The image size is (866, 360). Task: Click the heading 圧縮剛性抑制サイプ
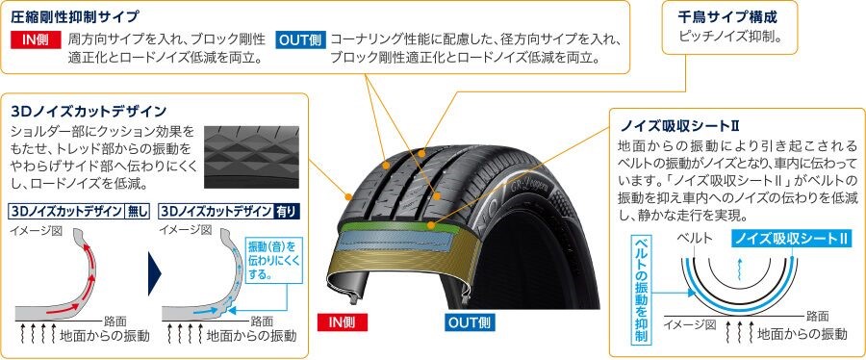point(74,17)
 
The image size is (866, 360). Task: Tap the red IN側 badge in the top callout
point(36,40)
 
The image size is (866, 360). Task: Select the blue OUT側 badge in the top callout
point(300,40)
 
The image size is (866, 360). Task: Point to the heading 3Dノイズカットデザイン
point(89,112)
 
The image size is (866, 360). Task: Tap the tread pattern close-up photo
point(251,157)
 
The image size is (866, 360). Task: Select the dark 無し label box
point(138,212)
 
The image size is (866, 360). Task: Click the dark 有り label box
point(287,212)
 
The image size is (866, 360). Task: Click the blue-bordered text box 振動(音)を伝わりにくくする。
point(273,260)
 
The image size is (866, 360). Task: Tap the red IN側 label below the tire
point(343,322)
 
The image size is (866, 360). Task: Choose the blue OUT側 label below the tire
point(470,322)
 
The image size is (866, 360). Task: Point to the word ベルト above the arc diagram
point(695,239)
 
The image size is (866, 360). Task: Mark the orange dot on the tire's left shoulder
point(347,196)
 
